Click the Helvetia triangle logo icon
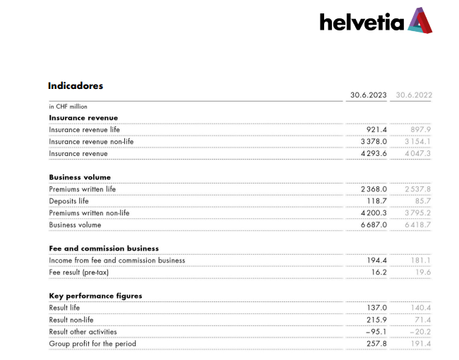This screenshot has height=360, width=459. click(419, 20)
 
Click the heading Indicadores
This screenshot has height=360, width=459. click(76, 86)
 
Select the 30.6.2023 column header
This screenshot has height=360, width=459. click(369, 95)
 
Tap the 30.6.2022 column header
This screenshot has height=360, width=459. click(414, 95)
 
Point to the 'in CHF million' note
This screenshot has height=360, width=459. click(68, 107)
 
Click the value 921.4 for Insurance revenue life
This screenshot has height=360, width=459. click(376, 130)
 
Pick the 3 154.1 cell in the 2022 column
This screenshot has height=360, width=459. click(417, 142)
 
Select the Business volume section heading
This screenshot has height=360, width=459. click(80, 177)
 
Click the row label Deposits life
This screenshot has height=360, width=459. click(68, 201)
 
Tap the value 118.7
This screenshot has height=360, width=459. click(376, 201)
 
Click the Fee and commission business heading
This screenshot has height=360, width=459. click(104, 248)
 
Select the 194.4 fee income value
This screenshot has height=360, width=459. click(376, 260)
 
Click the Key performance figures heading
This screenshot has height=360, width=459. click(95, 296)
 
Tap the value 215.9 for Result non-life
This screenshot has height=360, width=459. click(376, 320)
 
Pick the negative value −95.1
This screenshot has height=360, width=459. click(375, 332)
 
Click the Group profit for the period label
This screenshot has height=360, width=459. click(93, 344)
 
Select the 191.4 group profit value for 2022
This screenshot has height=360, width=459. click(419, 344)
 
